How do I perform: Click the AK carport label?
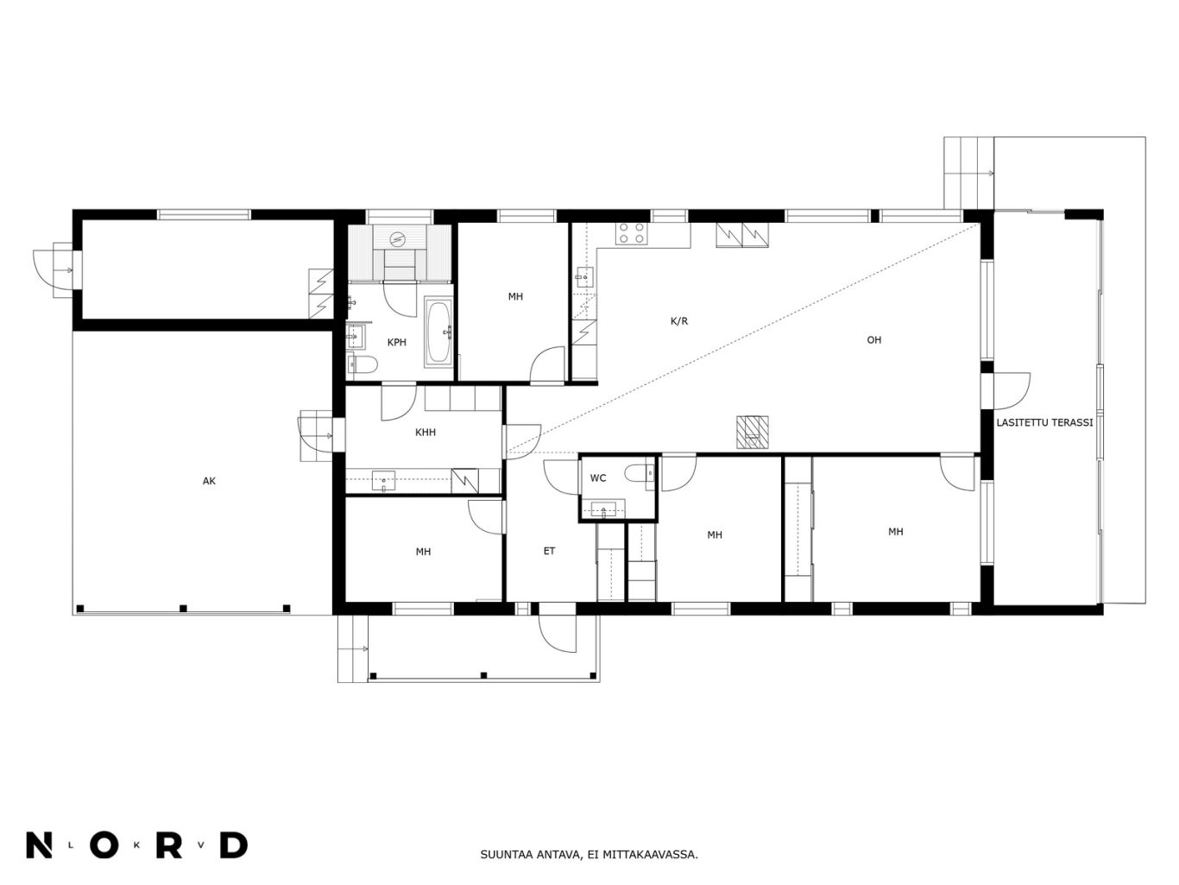(208, 481)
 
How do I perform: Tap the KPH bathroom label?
(396, 342)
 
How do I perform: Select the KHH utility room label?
(425, 432)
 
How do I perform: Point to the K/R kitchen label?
(679, 321)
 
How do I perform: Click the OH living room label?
(874, 339)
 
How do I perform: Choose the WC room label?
(598, 477)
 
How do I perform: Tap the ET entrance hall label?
(549, 551)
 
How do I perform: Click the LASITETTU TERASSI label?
(1044, 422)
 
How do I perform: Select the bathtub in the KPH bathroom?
(438, 332)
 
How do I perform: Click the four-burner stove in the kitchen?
(632, 233)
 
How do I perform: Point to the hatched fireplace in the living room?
(752, 433)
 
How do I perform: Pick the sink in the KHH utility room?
(383, 480)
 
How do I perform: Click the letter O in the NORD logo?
(104, 845)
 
